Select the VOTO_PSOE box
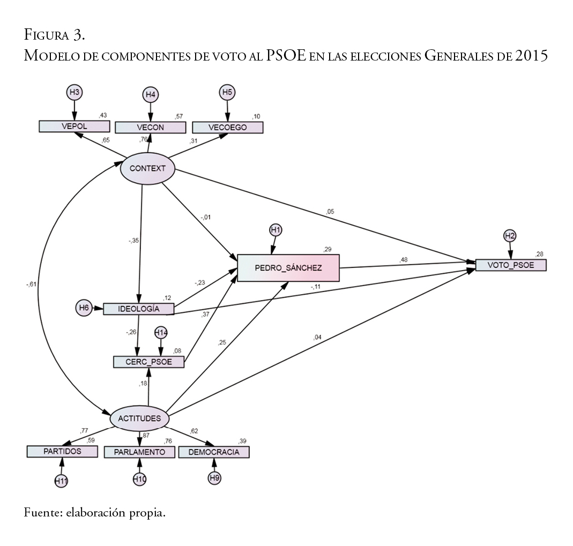tap(511, 265)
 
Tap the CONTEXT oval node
tap(147, 169)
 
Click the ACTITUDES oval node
tap(140, 418)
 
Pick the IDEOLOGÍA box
tap(139, 309)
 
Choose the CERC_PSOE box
tap(149, 362)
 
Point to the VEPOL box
tap(75, 126)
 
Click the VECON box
tap(151, 127)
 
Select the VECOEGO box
tap(228, 127)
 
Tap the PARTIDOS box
tap(62, 451)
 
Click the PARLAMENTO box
tap(139, 452)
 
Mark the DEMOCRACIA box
tap(214, 452)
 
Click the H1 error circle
tap(276, 230)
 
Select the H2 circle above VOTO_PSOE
tap(510, 235)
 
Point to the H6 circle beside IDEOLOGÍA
tap(84, 308)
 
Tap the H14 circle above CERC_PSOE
tap(161, 333)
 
